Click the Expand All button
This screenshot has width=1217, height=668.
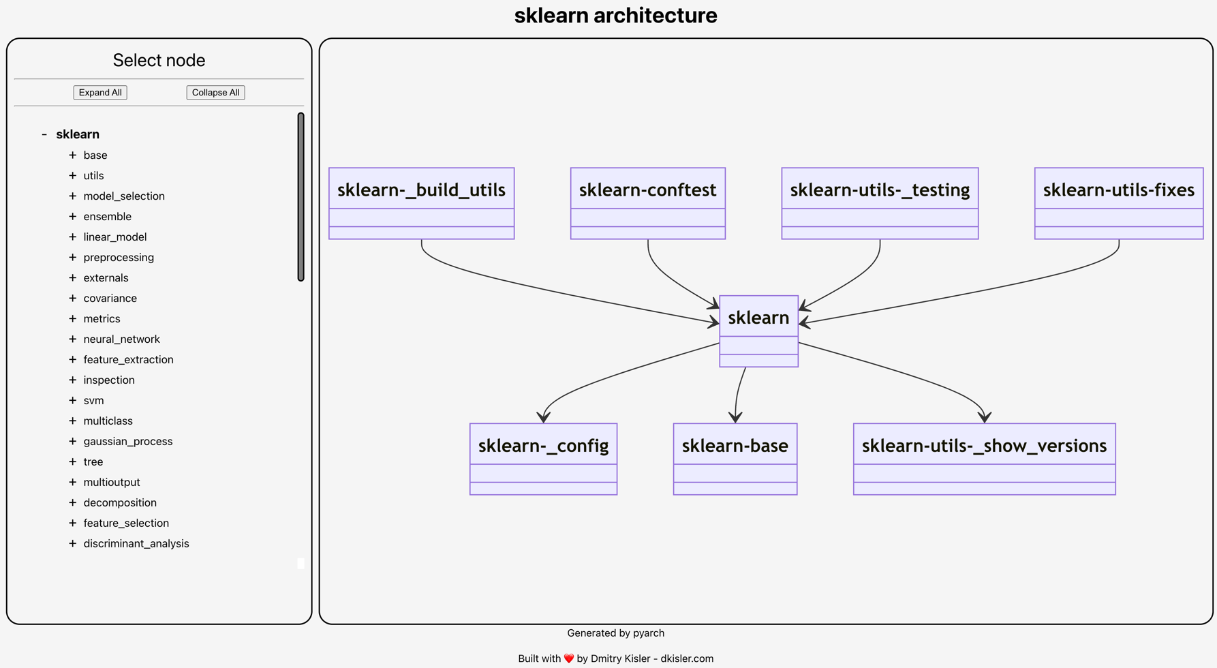(100, 93)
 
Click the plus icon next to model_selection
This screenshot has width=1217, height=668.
(73, 196)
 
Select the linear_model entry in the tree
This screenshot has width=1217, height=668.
(114, 237)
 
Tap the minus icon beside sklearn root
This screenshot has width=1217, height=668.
(44, 134)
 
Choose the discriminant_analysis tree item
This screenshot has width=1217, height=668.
(136, 544)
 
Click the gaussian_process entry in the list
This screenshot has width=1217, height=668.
(127, 442)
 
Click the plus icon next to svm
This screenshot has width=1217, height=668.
(73, 401)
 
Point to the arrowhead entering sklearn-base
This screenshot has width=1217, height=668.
(735, 417)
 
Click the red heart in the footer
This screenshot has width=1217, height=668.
(569, 658)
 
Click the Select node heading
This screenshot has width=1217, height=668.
(159, 61)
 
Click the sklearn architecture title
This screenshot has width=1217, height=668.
(615, 16)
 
